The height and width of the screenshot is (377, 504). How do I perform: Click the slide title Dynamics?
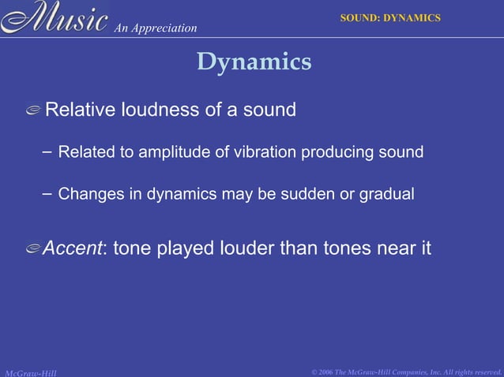coord(254,62)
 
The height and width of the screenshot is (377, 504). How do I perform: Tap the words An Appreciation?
coord(156,28)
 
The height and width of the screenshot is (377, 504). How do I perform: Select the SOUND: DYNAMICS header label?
coord(389,17)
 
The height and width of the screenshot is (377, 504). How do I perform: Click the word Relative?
coord(79,110)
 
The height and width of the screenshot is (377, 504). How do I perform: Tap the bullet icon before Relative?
coord(33,111)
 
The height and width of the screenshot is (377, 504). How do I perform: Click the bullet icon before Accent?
coord(33,250)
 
